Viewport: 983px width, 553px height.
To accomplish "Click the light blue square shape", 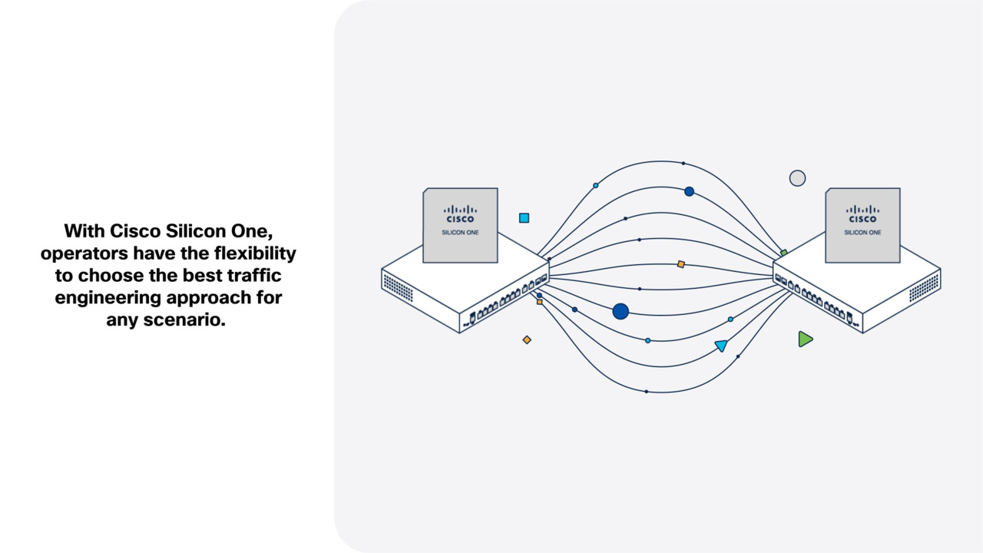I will coord(524,218).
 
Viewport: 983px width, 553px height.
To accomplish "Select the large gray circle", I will coord(797,178).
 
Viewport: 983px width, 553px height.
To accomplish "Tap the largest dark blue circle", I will coord(621,311).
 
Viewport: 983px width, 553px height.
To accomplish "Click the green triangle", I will coord(804,339).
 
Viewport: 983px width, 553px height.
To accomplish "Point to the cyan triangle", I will coord(721,346).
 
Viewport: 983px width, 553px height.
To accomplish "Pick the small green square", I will coord(783,253).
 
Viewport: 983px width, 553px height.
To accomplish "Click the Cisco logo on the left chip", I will coord(460,213).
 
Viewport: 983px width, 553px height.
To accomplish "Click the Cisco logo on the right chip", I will coord(862,213).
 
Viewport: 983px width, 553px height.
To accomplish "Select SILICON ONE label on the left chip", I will coord(460,232).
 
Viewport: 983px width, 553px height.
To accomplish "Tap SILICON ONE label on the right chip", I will coord(862,232).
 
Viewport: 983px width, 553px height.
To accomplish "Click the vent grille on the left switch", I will coord(398,287).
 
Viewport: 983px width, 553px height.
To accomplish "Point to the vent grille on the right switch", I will coord(924,287).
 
